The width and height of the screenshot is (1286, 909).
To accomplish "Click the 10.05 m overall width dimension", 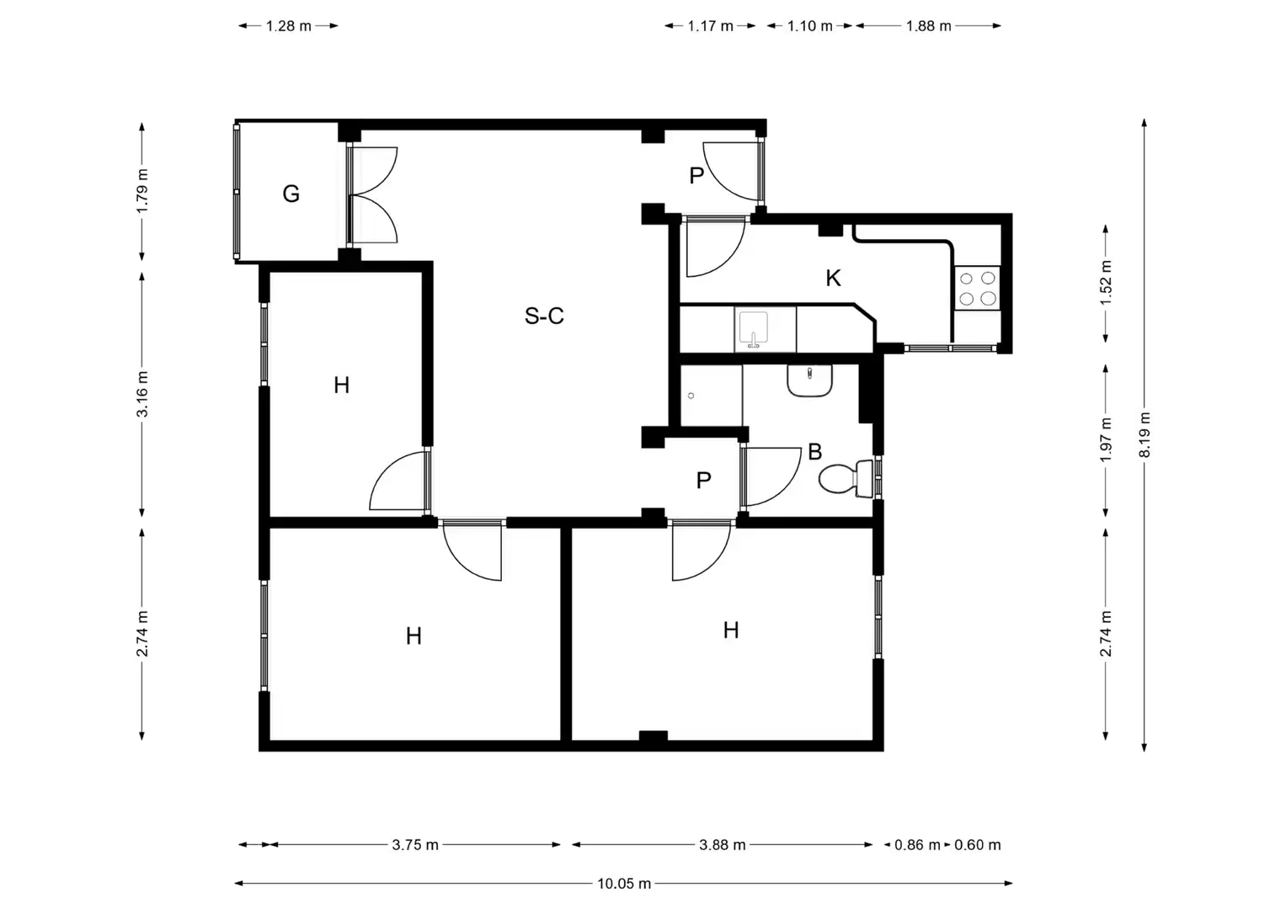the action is point(624,883).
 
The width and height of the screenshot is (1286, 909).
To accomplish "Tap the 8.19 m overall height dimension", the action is point(1145,434).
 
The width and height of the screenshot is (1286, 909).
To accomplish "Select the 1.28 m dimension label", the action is point(288,26).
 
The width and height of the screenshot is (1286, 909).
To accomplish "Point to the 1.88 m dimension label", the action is point(928,26).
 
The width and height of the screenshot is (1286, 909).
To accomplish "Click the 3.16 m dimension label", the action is point(141,394).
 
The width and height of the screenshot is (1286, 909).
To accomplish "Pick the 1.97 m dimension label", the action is point(1106,439).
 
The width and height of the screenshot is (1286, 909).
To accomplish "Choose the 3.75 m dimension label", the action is point(415,845).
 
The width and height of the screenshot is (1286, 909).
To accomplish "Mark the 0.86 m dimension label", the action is point(917,845).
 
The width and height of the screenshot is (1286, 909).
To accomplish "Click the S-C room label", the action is point(544,316).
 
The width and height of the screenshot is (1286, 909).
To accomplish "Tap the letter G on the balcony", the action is point(291,194).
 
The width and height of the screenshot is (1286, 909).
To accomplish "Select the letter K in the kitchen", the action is point(833,279).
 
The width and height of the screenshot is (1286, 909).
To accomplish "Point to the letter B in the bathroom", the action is point(814,452).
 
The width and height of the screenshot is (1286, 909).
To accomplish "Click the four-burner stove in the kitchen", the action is point(977,288).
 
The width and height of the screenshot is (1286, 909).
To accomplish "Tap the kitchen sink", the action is point(753,330).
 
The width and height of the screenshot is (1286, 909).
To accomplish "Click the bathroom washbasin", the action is point(809,380).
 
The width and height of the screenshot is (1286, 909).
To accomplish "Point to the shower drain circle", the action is point(691,396).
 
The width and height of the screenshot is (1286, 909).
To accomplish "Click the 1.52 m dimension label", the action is point(1106,283).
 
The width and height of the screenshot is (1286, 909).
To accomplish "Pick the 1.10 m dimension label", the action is point(809,26).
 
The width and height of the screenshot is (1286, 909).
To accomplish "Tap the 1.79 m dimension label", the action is point(141,191).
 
